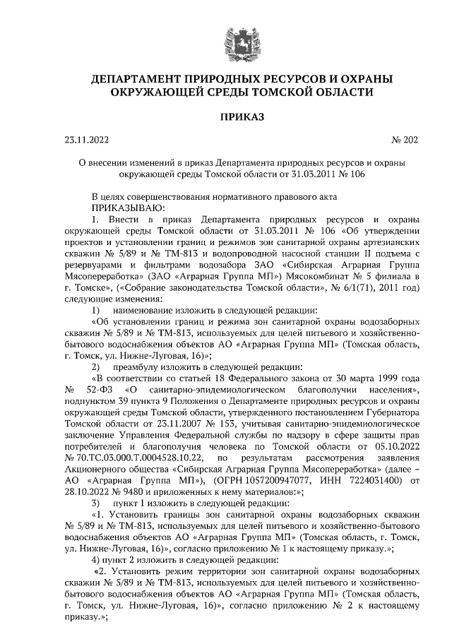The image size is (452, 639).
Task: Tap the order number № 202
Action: coord(403,139)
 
